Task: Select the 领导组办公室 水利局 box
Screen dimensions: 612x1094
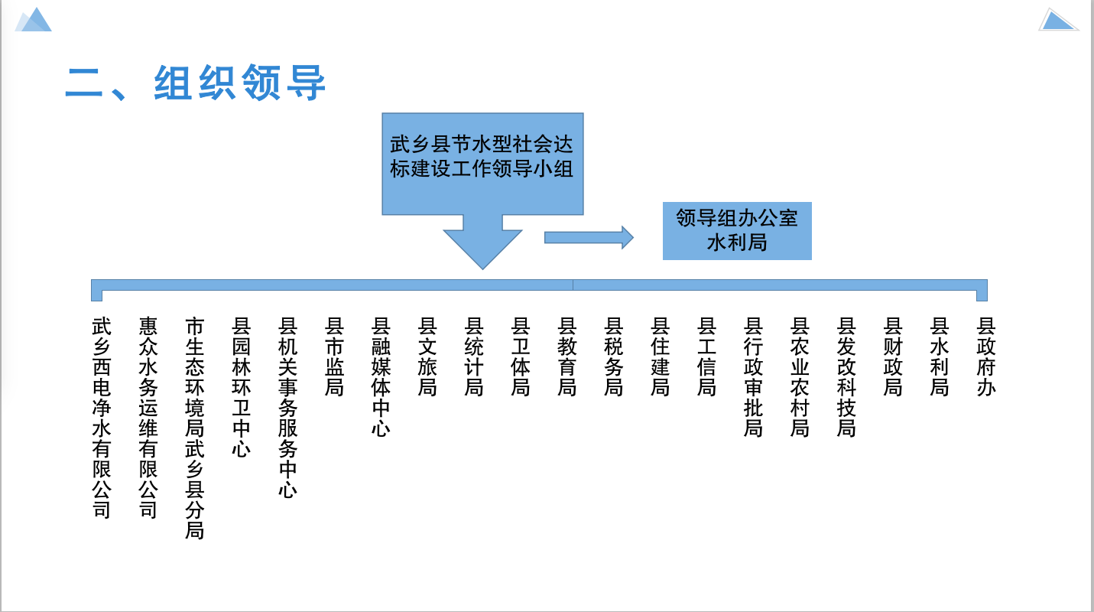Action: pos(736,231)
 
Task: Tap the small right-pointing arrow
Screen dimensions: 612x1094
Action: pos(589,238)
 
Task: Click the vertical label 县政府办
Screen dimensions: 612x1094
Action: pos(986,357)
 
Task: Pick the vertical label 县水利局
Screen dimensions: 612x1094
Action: pos(940,357)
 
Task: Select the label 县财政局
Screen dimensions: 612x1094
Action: pos(893,357)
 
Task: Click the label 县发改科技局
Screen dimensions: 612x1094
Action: pos(846,377)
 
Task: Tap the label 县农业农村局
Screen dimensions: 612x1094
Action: pos(800,377)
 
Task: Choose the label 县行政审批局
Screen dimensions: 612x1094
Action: pos(753,377)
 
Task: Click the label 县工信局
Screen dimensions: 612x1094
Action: pos(706,357)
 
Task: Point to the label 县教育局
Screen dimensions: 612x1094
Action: pos(566,357)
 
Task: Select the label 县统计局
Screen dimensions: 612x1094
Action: pos(474,357)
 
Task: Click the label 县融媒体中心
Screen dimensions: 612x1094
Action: pos(381,377)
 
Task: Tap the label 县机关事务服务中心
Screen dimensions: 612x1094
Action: pos(287,408)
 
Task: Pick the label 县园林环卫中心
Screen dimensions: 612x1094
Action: pos(241,387)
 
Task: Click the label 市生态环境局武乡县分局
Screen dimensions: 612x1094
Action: pos(194,428)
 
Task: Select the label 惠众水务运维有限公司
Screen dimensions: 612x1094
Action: pos(148,418)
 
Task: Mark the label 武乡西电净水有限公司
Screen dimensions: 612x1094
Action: pos(101,418)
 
